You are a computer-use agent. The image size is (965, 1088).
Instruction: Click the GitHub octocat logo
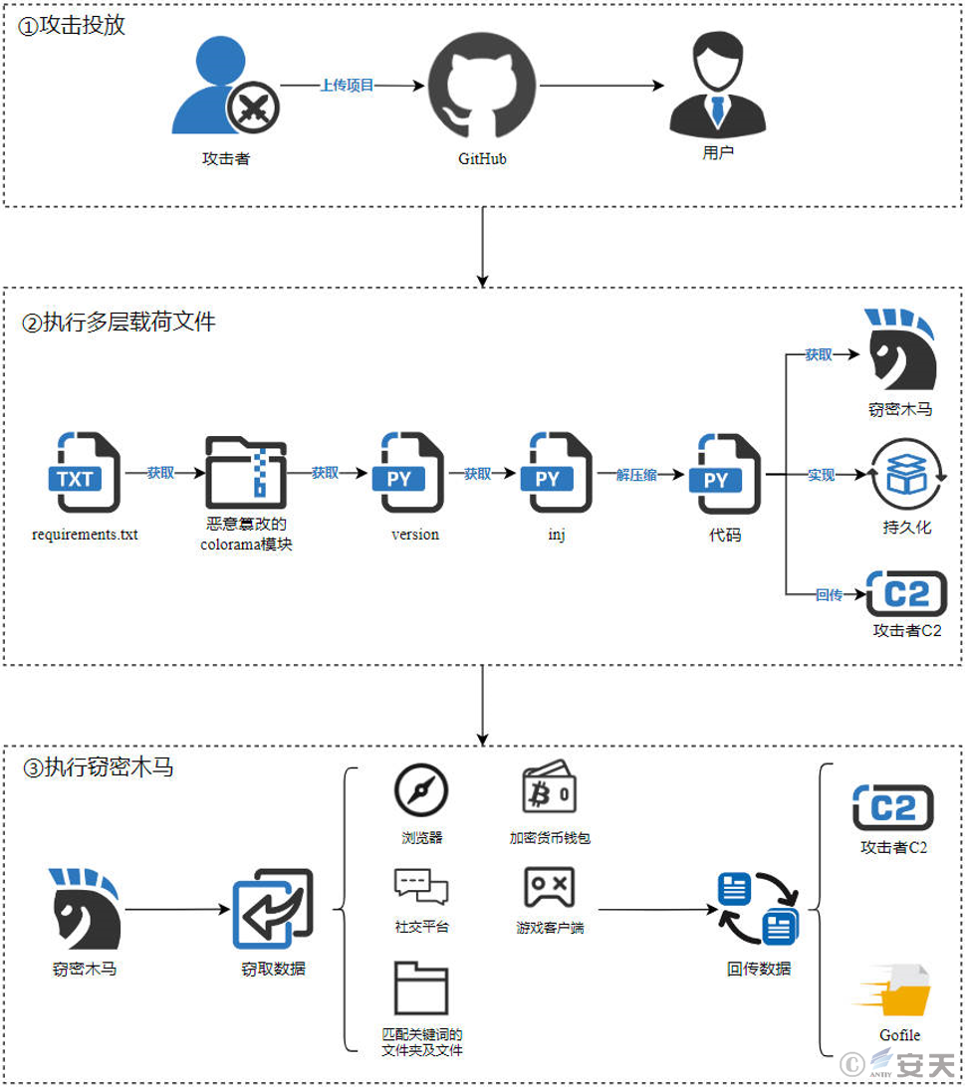(x=482, y=86)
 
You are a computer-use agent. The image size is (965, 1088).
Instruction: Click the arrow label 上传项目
(x=347, y=86)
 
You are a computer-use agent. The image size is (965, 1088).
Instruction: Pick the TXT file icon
(x=85, y=472)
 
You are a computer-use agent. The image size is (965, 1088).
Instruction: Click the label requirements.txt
(x=85, y=535)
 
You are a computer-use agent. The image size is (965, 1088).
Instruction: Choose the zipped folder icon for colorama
(x=246, y=473)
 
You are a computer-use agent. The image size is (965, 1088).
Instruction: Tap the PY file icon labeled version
(x=407, y=472)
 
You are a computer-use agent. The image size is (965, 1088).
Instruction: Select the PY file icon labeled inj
(x=556, y=472)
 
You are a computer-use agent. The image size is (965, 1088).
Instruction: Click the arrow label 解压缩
(x=636, y=475)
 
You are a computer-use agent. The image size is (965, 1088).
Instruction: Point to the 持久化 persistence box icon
(x=906, y=475)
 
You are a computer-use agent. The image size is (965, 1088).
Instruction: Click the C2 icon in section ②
(x=906, y=594)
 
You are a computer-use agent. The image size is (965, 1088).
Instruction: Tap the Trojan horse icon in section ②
(x=900, y=349)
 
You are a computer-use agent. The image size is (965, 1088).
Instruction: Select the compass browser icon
(x=420, y=790)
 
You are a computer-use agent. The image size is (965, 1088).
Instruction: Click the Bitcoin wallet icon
(x=549, y=786)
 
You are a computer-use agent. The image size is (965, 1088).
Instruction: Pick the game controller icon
(x=549, y=887)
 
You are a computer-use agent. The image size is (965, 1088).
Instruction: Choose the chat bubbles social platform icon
(x=420, y=887)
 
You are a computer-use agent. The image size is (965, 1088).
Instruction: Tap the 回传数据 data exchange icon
(x=759, y=909)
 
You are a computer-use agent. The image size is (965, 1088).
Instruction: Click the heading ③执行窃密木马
(x=98, y=766)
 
